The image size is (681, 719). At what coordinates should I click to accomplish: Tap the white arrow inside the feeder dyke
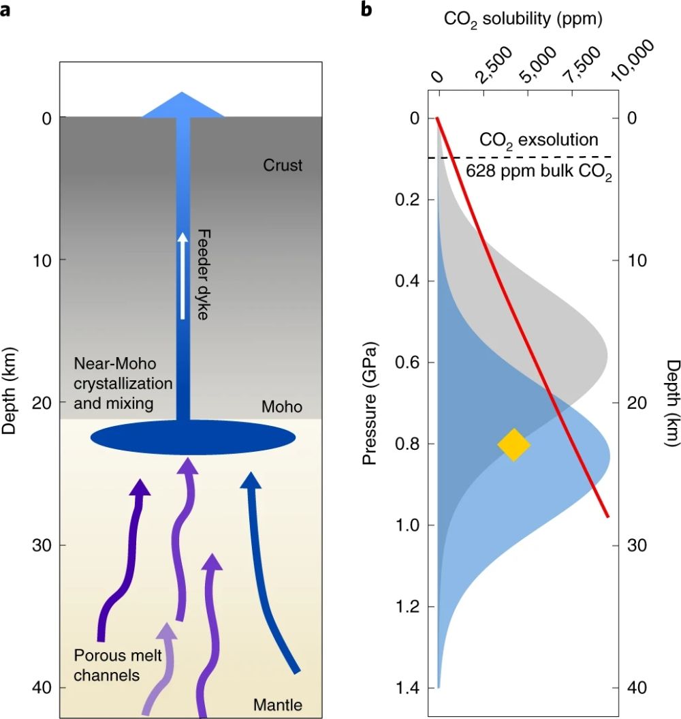183,276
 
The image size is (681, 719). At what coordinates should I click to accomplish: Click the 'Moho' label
282,408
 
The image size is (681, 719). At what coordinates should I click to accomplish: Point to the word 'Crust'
282,165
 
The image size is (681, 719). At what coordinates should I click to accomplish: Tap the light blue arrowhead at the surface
183,104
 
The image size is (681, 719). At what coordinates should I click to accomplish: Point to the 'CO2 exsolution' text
539,140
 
